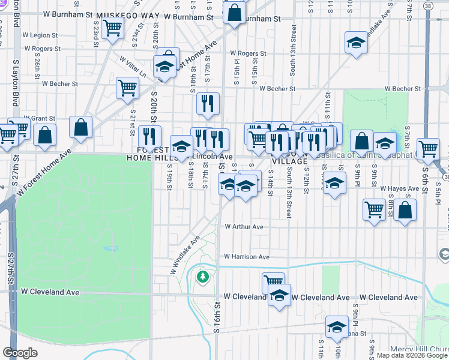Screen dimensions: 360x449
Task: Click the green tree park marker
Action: coord(203,277)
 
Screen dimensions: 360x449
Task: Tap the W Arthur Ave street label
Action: coord(244,227)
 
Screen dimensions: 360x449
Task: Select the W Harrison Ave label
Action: coord(246,257)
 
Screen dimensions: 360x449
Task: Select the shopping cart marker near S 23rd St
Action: coord(112,28)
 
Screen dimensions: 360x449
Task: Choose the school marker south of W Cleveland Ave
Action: coord(337,327)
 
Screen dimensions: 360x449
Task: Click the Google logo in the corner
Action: coord(20,353)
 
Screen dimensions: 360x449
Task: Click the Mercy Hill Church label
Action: coord(419,349)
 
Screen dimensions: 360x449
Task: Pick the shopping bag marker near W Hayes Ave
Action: coord(405,210)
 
